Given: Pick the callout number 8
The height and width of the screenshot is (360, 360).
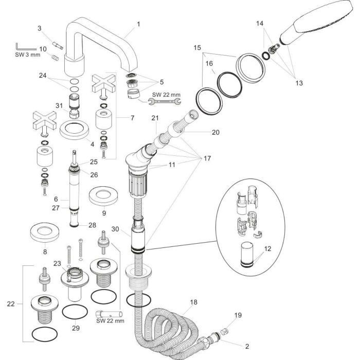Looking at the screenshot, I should tap(45, 251).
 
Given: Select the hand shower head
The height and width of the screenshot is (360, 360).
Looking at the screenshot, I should tap(315, 26).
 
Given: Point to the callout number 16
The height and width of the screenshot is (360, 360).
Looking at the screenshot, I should tap(209, 64).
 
